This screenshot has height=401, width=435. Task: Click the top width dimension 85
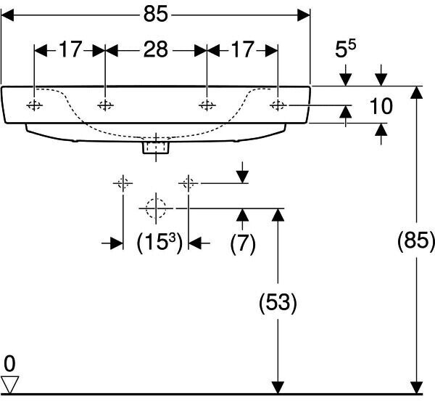[x=156, y=12]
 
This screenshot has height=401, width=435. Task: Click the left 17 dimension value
[x=70, y=49]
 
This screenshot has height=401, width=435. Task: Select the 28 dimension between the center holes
[x=156, y=49]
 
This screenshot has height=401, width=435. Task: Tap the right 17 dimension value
[x=243, y=49]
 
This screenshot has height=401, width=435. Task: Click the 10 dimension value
[x=380, y=107]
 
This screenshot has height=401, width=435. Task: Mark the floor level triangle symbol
[x=10, y=384]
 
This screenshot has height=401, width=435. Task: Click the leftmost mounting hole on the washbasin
[x=35, y=105]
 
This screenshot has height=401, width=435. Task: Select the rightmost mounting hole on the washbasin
[x=278, y=105]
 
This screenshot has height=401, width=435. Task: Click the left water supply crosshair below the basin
[x=123, y=182]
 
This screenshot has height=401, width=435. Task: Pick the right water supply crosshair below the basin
[x=189, y=182]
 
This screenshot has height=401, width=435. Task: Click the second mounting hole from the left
[x=105, y=105]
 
